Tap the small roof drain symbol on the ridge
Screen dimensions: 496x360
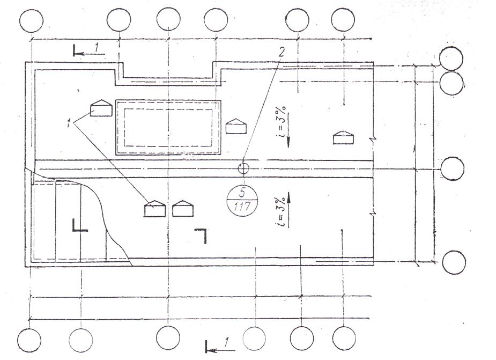243,168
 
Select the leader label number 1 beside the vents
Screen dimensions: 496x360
69,123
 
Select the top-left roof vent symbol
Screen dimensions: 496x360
100,108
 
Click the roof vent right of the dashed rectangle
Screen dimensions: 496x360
236,126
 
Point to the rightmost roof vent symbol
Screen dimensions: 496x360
344,137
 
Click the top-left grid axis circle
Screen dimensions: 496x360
31,20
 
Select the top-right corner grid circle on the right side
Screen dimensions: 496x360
451,57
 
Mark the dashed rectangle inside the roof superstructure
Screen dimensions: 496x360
168,127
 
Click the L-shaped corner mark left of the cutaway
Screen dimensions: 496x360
78,225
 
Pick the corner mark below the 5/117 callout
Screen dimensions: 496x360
203,234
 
